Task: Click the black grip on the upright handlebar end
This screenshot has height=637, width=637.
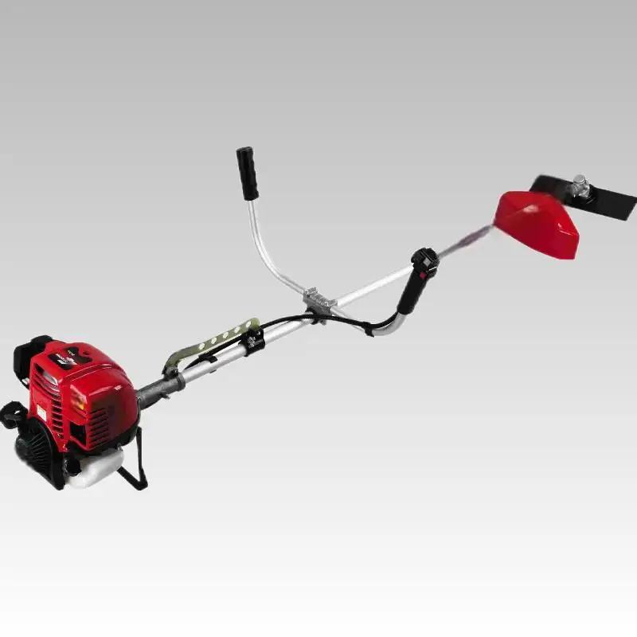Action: [247, 173]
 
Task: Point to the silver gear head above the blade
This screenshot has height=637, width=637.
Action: [580, 187]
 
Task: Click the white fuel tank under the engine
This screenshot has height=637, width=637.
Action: [94, 469]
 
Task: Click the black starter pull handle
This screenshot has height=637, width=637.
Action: [10, 414]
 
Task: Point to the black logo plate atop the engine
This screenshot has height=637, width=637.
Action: [68, 358]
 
